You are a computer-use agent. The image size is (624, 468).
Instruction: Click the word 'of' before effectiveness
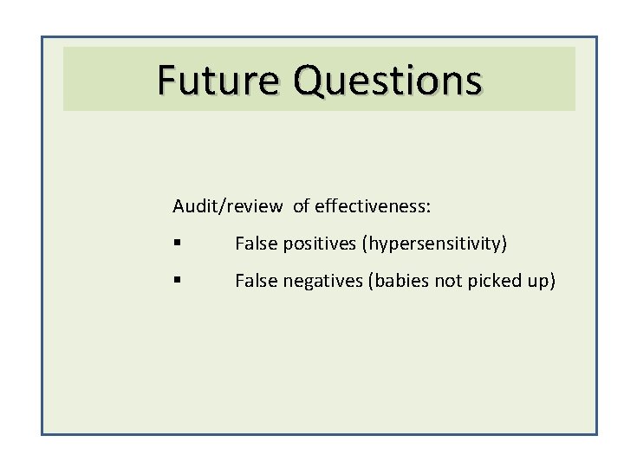301,206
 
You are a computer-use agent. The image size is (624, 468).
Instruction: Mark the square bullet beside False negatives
176,282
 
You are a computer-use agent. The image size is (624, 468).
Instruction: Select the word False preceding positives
254,244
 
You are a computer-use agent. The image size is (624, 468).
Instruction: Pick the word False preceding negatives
254,281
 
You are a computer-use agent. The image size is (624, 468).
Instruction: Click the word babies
398,281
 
